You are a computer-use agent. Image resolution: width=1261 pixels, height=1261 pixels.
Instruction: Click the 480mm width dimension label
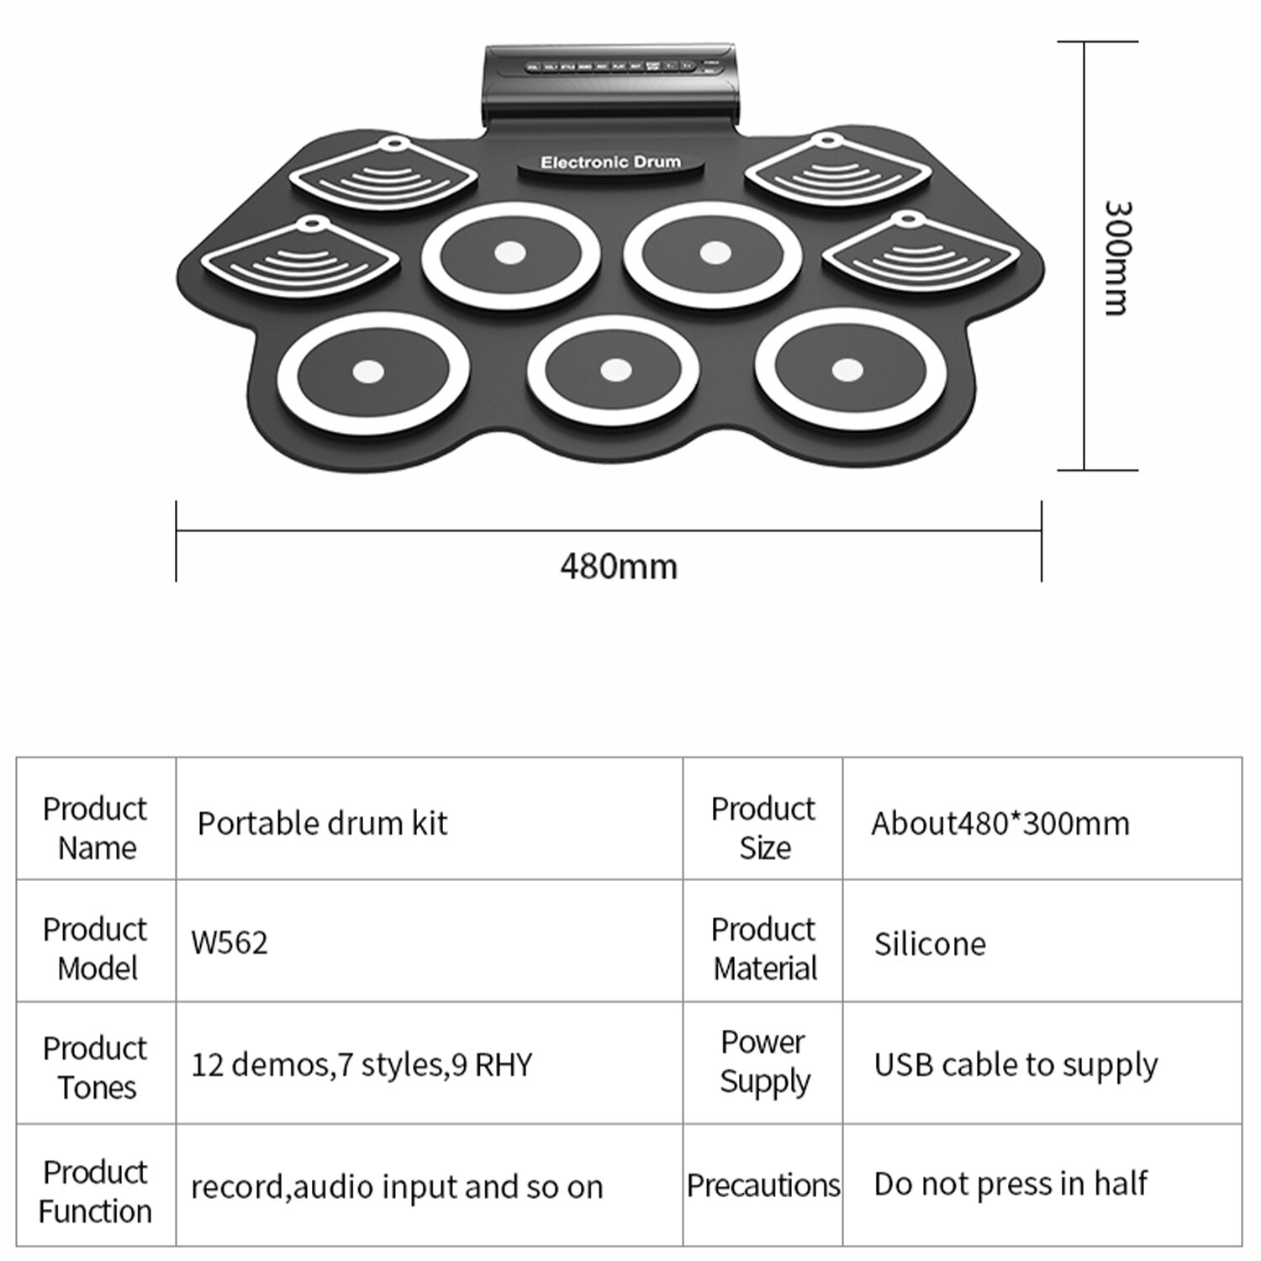tap(619, 567)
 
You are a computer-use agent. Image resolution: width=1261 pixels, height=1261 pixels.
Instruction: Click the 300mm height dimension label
tap(1117, 257)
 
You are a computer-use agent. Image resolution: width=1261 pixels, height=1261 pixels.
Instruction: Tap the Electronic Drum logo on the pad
tap(610, 162)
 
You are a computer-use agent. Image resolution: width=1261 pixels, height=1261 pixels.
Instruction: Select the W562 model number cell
tap(230, 942)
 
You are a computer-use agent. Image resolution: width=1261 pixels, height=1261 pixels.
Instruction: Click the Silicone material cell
tap(930, 944)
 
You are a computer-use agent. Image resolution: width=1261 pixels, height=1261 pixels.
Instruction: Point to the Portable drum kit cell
tap(322, 823)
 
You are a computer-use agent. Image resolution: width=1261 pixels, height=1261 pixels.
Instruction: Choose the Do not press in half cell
tap(1010, 1184)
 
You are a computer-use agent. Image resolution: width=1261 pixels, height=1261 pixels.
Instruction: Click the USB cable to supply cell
tap(1016, 1064)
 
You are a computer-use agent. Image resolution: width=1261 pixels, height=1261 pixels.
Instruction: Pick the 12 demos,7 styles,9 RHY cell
tap(361, 1064)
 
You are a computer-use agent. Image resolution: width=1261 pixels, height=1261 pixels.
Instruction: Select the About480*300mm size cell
tap(1000, 823)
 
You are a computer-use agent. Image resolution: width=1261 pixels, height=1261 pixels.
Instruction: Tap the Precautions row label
tap(763, 1184)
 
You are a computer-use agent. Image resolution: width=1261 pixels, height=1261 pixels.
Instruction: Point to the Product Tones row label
tap(96, 1067)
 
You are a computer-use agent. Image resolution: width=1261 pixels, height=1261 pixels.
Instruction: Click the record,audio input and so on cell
tap(397, 1187)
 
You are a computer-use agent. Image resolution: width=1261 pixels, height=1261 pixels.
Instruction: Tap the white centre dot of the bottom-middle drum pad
tap(615, 370)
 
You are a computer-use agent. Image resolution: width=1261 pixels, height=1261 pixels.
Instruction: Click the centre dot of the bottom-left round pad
tap(367, 371)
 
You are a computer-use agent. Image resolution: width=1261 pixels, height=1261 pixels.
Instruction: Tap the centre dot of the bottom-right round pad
tap(847, 369)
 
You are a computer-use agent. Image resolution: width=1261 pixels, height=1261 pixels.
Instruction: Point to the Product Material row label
tap(764, 948)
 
